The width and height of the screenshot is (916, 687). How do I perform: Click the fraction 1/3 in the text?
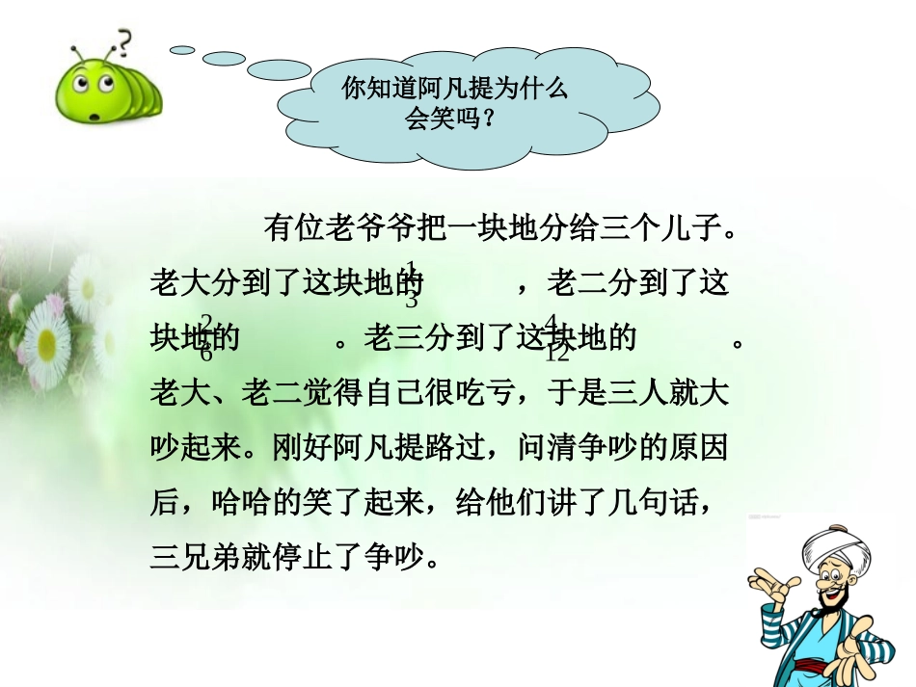(412, 283)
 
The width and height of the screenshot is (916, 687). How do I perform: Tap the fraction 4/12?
(556, 337)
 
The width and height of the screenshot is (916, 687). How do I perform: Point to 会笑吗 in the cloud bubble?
(443, 119)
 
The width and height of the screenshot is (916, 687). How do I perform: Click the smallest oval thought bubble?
(182, 49)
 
